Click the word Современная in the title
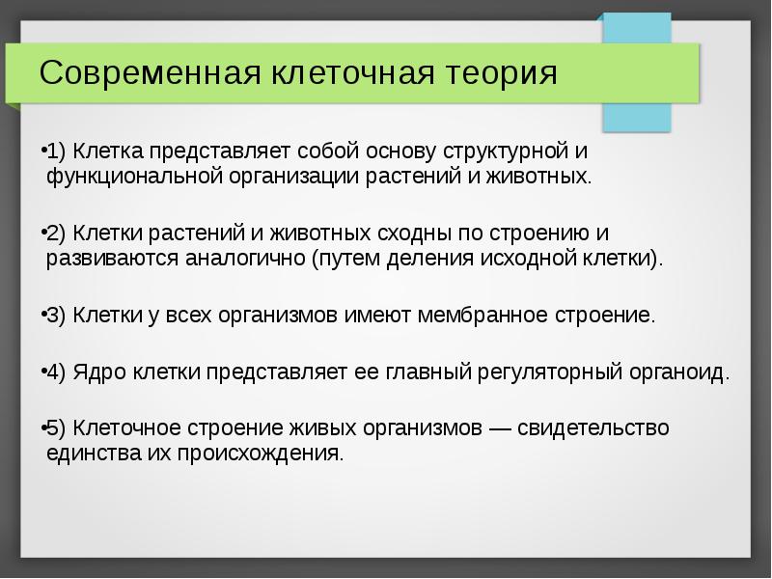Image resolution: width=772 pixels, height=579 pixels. (135, 74)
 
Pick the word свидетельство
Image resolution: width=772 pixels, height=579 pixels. (599, 427)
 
